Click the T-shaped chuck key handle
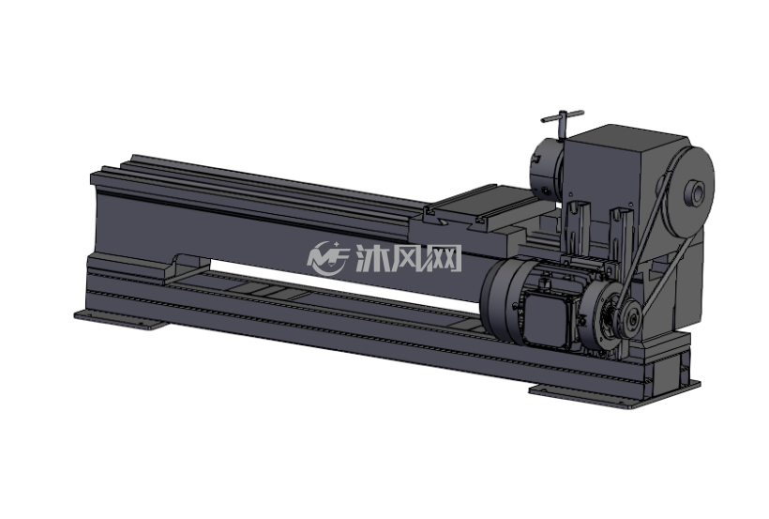point(562,119)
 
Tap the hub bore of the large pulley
point(696,192)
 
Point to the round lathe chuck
point(547,169)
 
